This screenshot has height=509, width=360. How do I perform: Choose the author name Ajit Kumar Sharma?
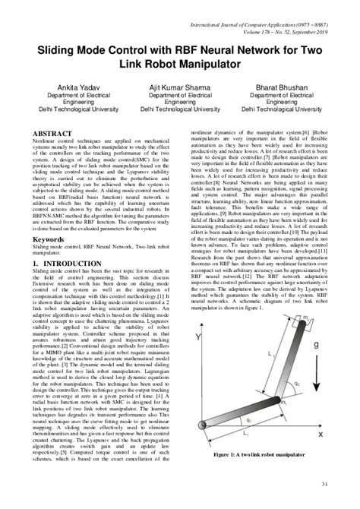click(180, 90)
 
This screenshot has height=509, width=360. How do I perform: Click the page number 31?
click(324, 485)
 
